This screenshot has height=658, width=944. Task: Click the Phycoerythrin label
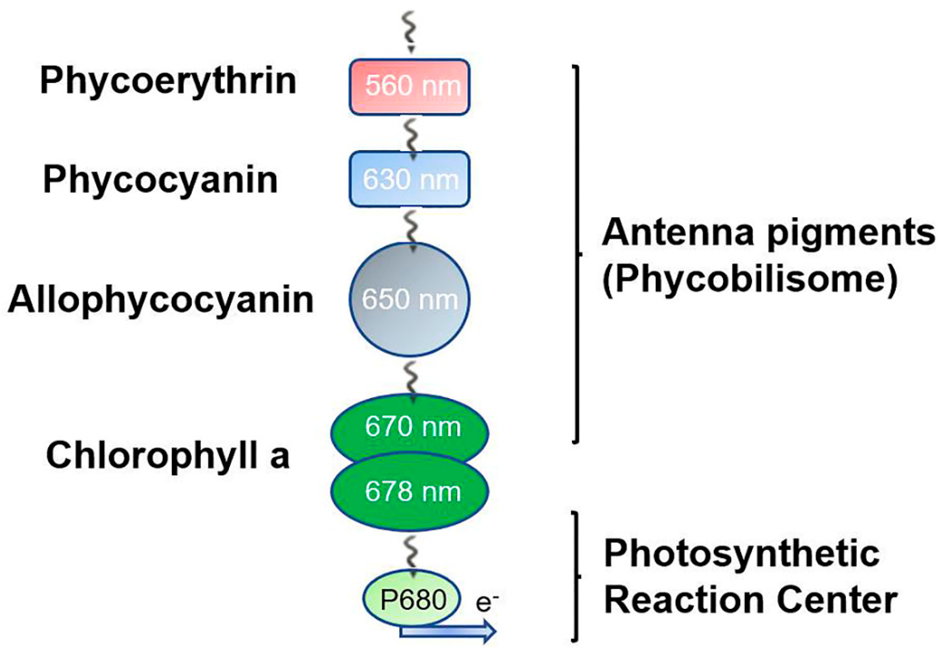coord(168,81)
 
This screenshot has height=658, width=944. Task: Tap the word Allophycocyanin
coord(161,300)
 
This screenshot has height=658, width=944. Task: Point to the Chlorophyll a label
coord(168,456)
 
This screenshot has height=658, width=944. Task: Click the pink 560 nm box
coord(409,87)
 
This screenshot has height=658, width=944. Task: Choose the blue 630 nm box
coord(409,179)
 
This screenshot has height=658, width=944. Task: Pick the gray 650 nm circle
coord(409,299)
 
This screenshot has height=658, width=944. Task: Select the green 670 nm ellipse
coord(409,427)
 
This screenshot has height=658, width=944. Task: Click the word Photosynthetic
coord(742,554)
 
